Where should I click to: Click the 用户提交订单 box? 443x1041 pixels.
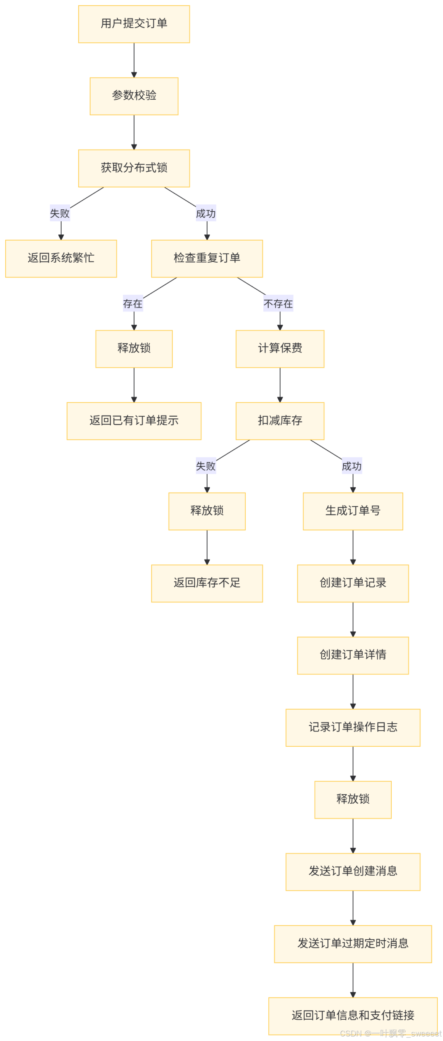click(134, 24)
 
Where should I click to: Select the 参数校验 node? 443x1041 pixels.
click(134, 96)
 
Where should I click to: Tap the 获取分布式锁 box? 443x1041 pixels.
click(134, 168)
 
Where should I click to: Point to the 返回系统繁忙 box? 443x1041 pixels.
click(61, 259)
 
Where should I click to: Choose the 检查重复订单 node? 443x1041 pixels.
click(207, 259)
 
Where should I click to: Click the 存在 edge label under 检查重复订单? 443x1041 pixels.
click(132, 304)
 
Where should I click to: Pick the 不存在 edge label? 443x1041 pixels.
click(278, 304)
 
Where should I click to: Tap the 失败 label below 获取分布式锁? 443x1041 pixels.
click(60, 213)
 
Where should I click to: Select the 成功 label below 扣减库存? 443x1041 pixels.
click(352, 466)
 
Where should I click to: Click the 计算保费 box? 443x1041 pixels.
click(280, 349)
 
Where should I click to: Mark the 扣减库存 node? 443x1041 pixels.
click(280, 421)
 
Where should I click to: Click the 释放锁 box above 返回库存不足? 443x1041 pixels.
click(207, 511)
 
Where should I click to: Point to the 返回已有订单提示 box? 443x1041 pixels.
click(134, 421)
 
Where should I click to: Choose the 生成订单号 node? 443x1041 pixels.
click(353, 511)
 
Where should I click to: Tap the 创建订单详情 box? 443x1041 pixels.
click(353, 656)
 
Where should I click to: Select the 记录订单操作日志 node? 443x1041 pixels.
click(353, 728)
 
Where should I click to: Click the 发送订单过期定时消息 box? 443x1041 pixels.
click(353, 944)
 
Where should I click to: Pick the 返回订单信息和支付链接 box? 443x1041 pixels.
click(353, 1016)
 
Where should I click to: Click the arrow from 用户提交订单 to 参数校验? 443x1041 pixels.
click(134, 60)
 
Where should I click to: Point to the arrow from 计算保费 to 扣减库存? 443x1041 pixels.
click(280, 385)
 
